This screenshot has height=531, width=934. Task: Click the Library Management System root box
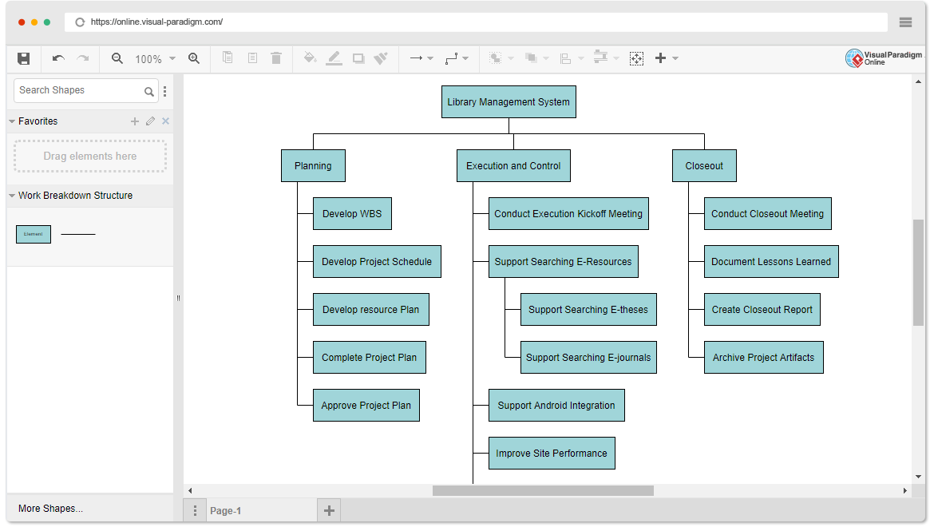click(509, 102)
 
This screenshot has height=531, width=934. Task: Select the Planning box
click(313, 165)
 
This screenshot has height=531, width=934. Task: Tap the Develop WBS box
click(353, 214)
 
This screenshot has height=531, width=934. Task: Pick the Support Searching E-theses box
click(588, 309)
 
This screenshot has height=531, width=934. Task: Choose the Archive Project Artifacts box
click(764, 358)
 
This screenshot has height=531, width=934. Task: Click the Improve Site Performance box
click(552, 454)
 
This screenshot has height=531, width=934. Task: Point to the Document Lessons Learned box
click(771, 262)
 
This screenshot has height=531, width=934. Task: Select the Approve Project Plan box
click(366, 406)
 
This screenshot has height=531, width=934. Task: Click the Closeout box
click(704, 165)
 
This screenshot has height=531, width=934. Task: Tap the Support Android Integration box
click(556, 406)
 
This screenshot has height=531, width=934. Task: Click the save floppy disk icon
click(24, 58)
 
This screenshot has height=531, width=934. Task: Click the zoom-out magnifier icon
click(117, 58)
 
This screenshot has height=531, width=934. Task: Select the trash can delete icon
click(276, 57)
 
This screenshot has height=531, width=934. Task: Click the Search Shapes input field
click(81, 90)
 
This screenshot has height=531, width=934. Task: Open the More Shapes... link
click(50, 509)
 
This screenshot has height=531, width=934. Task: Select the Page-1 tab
click(226, 511)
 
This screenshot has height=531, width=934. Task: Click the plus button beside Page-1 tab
click(329, 511)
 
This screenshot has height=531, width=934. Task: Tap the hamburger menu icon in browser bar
click(905, 22)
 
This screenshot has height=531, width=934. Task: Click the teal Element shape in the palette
click(34, 234)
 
